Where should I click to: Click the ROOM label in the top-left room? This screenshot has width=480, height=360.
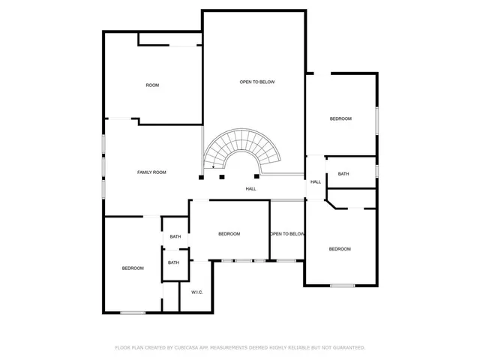[x=152, y=85]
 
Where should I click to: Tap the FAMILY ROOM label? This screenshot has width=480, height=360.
[x=151, y=172]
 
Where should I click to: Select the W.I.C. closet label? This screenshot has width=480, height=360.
[x=197, y=292]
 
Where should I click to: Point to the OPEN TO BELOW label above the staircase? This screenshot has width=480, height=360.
[x=257, y=82]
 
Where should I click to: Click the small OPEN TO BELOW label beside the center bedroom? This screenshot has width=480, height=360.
[x=288, y=234]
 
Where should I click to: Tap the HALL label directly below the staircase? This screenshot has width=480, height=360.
[x=250, y=189]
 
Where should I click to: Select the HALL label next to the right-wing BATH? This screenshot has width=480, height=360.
[x=316, y=181]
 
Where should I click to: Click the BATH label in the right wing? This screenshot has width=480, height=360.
[x=343, y=174]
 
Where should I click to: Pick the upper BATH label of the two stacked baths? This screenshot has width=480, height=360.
[x=175, y=237]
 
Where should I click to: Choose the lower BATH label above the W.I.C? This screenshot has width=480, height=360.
[x=173, y=262]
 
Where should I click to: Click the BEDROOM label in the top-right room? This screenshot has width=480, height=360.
[x=340, y=119]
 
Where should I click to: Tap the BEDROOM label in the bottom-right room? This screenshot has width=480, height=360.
[x=340, y=249]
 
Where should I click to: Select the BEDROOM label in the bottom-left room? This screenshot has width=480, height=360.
[x=133, y=268]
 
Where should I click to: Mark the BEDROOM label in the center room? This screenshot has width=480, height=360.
[x=229, y=234]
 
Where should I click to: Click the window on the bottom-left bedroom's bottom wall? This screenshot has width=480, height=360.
[x=133, y=313]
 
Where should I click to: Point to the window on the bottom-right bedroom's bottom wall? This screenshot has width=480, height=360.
[x=342, y=285]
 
